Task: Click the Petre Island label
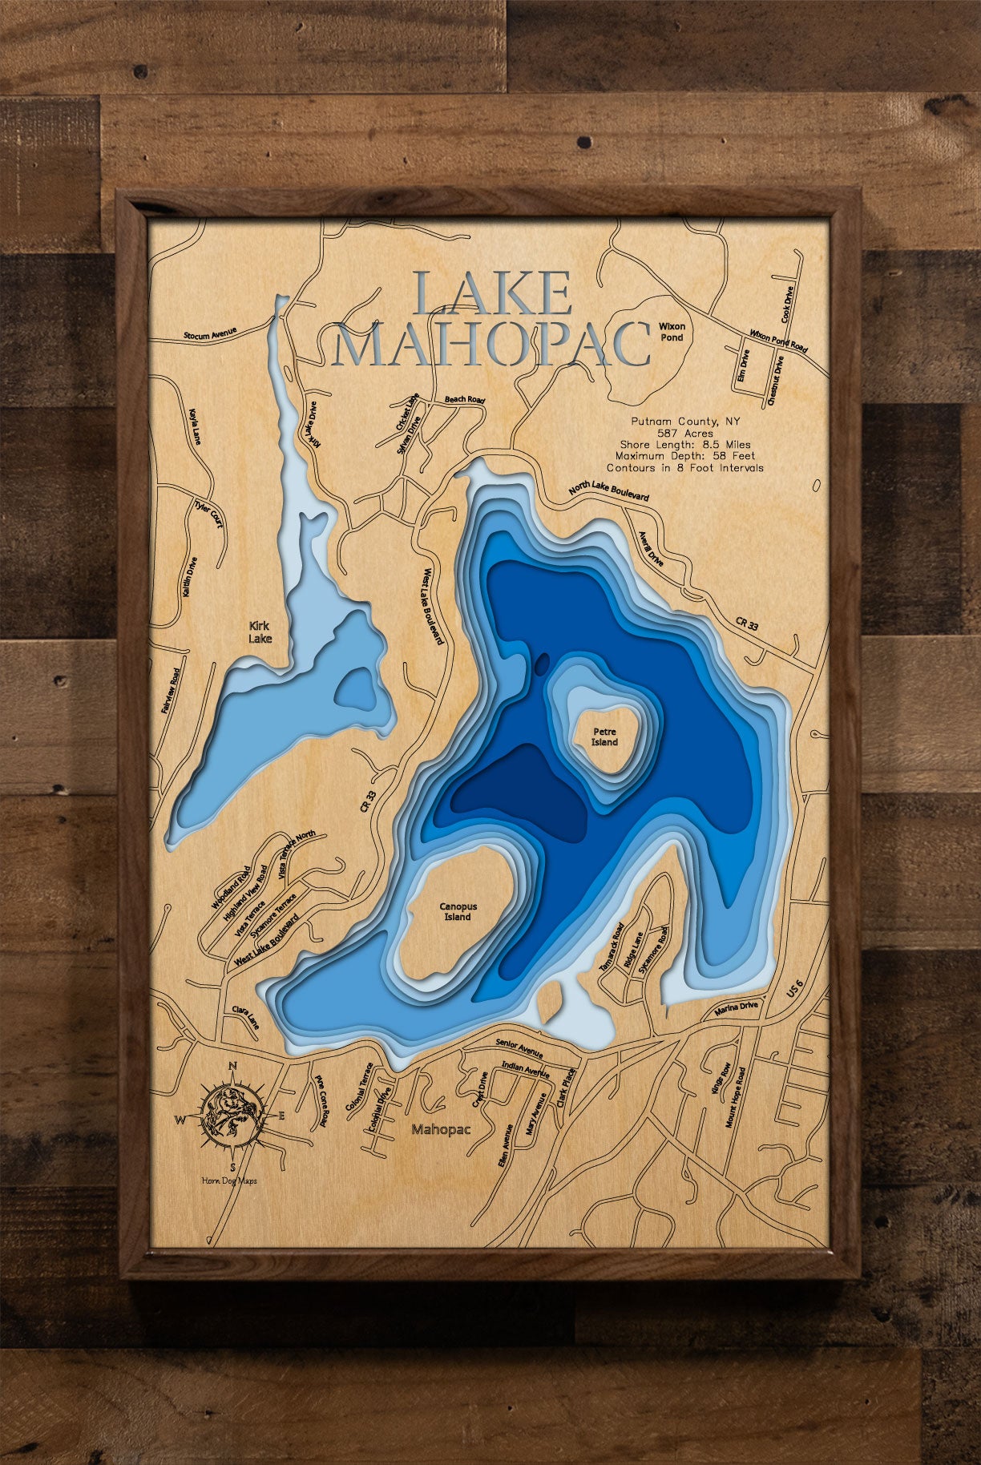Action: [604, 737]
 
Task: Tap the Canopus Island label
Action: [458, 912]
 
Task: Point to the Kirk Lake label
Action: [260, 632]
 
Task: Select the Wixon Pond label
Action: [672, 332]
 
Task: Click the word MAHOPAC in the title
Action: [490, 344]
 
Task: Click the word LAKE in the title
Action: [491, 294]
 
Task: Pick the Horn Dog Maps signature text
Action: [230, 1180]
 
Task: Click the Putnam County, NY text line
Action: [684, 421]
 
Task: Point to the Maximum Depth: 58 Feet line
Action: [686, 456]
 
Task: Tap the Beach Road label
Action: [465, 399]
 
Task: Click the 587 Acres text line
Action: [684, 433]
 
